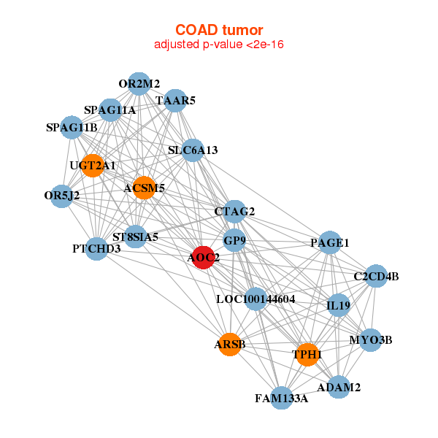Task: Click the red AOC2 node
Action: tap(203, 257)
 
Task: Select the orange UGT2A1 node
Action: tap(92, 166)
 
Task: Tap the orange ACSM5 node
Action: tap(144, 188)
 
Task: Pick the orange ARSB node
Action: tap(230, 344)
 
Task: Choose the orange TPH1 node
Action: tap(307, 355)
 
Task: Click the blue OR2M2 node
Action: tap(139, 84)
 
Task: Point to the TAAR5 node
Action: tap(175, 101)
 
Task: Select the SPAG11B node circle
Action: tap(72, 128)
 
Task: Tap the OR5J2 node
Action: tap(62, 196)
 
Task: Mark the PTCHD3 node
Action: tap(96, 249)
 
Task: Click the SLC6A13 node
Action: tap(192, 151)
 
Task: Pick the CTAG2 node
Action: tap(234, 212)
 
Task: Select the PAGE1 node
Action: tap(330, 242)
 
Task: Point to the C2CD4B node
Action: tap(376, 276)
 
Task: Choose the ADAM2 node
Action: tap(338, 388)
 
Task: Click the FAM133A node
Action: tap(282, 398)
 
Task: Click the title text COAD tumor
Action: tap(219, 30)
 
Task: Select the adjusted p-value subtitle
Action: tap(219, 45)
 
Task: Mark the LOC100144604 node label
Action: tap(255, 299)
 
